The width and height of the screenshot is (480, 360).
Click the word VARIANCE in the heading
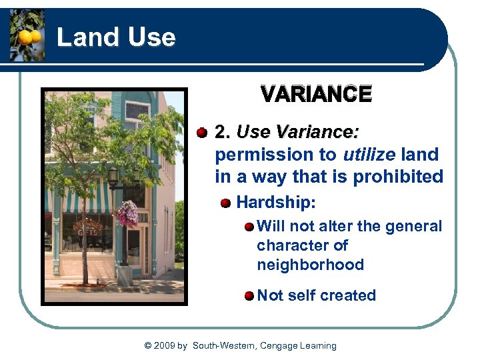click(x=316, y=95)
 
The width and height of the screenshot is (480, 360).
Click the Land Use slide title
click(x=116, y=37)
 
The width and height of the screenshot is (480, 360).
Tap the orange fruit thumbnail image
click(x=27, y=35)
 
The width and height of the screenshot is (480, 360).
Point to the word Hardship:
click(x=276, y=201)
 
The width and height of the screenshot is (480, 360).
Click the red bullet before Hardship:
click(x=226, y=202)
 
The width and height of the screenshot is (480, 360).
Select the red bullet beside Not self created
click(x=249, y=295)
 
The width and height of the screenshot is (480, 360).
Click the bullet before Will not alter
click(x=249, y=227)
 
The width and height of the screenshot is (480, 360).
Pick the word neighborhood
click(x=310, y=265)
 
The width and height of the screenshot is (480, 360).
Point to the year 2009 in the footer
click(x=164, y=345)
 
